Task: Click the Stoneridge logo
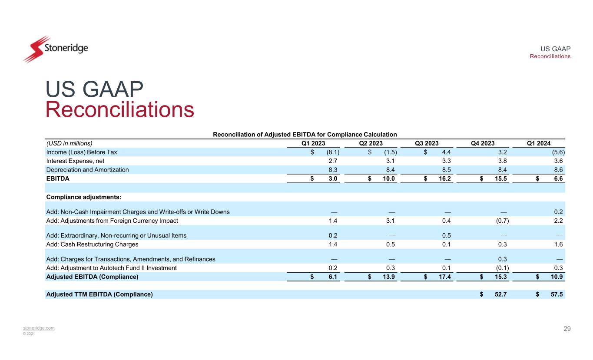pyautogui.click(x=56, y=49)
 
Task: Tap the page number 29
pyautogui.click(x=567, y=329)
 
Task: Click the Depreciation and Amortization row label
pyautogui.click(x=87, y=170)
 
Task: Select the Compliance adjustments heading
pyautogui.click(x=83, y=197)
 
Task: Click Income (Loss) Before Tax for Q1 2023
pyautogui.click(x=333, y=152)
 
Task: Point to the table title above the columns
pyautogui.click(x=305, y=135)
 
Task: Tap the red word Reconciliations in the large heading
pyautogui.click(x=120, y=109)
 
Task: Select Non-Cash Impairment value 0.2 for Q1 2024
pyautogui.click(x=559, y=212)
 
